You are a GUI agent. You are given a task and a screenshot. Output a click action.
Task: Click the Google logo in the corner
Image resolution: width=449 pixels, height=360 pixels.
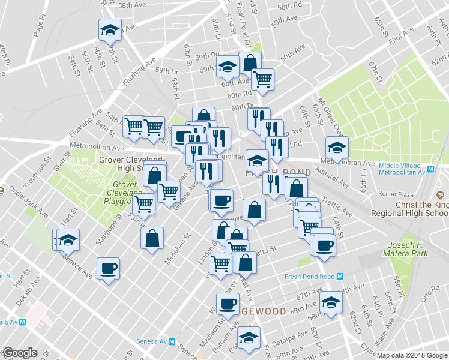pos(19,353)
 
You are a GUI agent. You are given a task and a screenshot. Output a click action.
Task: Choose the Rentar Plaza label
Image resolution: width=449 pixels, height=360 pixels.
pos(397,193)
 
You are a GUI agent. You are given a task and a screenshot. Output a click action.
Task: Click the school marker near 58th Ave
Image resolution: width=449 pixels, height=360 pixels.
pos(110,31)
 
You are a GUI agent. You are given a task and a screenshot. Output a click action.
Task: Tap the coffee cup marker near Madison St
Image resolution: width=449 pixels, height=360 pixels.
pos(227,303)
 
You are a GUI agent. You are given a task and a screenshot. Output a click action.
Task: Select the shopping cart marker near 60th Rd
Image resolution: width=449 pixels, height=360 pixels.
pos(262,79)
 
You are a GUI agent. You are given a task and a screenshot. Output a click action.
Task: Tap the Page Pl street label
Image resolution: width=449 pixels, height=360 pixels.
pos(40,27)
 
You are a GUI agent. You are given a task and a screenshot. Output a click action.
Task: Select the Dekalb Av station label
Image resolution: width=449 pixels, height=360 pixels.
pos(11,322)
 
